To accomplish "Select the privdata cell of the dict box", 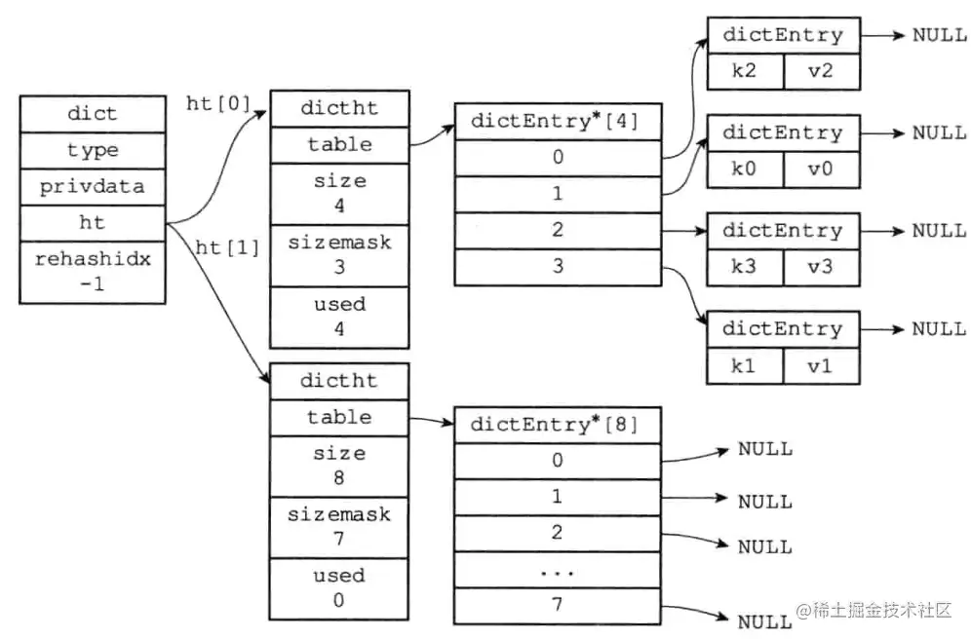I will pos(93,186).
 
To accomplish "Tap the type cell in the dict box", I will pos(93,150).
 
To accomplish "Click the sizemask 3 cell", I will pos(339,254).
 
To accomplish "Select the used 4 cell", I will pos(339,317).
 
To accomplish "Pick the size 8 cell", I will pos(339,466).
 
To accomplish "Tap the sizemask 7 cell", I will pos(339,526).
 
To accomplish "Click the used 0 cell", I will pos(339,587).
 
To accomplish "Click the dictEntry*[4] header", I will pos(558,122).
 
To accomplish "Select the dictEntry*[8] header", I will pos(558,425).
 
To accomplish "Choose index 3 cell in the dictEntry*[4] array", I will pos(558,266).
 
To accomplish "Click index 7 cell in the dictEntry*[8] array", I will pos(558,605).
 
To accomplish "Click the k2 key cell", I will pos(744,72).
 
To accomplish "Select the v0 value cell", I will pos(820,170).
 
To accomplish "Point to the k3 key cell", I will pos(744,268).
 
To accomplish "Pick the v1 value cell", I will pos(820,366).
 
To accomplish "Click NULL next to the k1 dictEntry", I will pos(939,328).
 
